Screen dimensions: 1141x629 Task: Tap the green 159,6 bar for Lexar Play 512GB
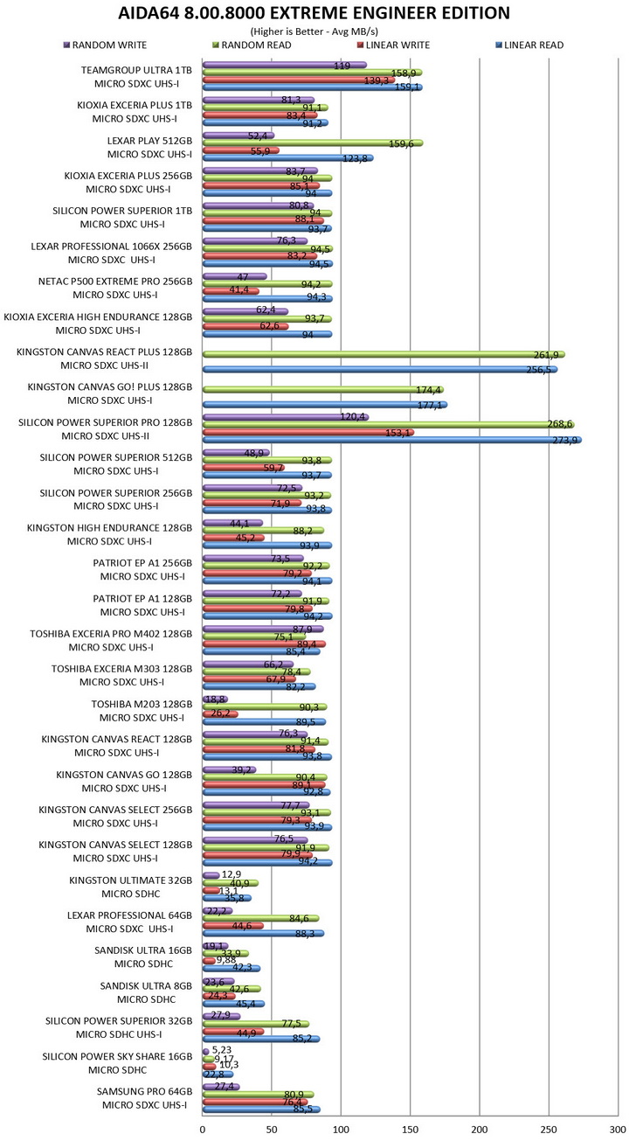click(312, 143)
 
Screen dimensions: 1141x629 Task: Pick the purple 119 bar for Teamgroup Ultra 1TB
click(284, 65)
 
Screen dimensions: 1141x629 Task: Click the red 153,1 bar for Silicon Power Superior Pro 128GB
click(308, 432)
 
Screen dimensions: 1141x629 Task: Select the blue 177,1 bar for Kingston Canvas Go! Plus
click(324, 405)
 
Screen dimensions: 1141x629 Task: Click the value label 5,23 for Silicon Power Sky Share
click(223, 1050)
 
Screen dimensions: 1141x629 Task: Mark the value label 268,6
click(556, 424)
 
